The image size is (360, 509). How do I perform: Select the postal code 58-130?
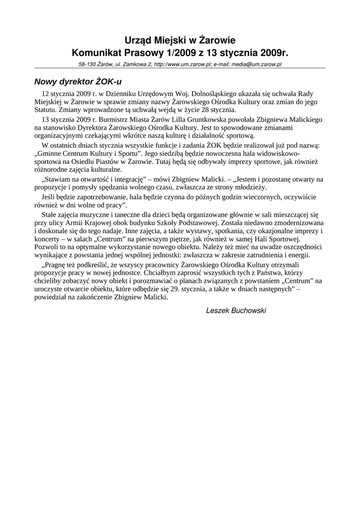pos(88,65)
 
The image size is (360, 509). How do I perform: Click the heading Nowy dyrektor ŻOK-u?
pos(78,81)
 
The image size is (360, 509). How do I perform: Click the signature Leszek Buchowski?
pos(236,311)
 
